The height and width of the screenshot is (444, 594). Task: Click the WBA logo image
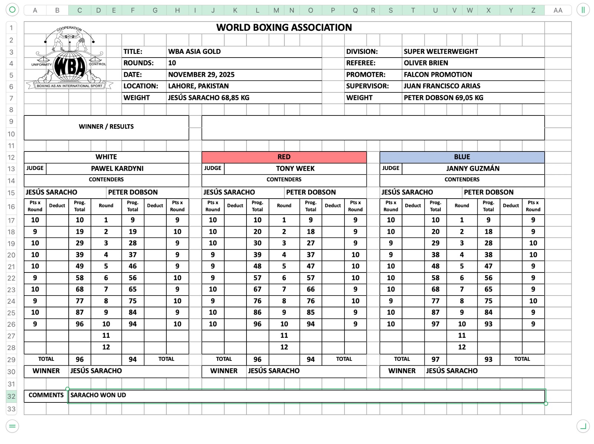[69, 59]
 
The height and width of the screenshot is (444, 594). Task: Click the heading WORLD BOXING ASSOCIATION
[284, 27]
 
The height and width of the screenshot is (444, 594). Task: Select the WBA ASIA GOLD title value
[194, 52]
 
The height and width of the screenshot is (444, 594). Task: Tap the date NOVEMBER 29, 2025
[201, 75]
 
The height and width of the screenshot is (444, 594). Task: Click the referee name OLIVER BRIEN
[426, 63]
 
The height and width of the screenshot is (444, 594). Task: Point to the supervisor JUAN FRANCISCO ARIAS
[442, 86]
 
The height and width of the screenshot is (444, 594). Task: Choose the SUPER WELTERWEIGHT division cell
[441, 52]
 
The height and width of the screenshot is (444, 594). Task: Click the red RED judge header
[284, 157]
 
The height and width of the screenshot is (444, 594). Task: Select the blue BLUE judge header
[462, 157]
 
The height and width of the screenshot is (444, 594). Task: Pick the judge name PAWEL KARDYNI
[117, 169]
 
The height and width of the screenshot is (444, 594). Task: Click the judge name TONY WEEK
[295, 169]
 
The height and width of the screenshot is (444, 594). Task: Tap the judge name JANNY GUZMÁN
[473, 169]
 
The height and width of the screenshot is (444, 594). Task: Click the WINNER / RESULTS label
[106, 127]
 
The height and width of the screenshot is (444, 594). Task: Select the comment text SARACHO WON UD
[98, 395]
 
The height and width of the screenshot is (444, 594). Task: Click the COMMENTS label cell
[46, 395]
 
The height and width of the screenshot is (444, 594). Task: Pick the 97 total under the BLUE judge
[435, 359]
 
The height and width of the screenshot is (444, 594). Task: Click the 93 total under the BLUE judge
[488, 359]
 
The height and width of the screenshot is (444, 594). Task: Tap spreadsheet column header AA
[558, 10]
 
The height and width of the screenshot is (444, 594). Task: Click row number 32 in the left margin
[12, 396]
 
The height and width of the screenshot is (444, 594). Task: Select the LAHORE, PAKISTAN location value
[198, 86]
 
